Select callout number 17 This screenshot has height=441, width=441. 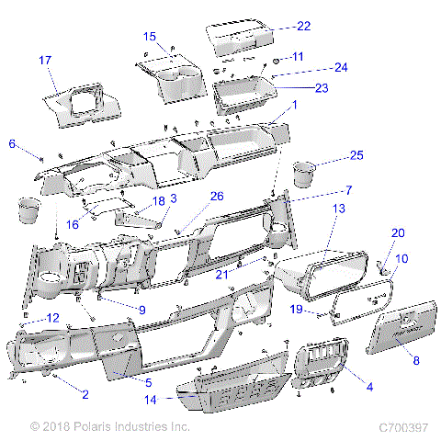coord(45,60)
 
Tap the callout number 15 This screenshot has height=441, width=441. coord(150,36)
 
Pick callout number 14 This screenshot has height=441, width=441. coord(151,401)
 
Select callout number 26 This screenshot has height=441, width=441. coord(217,195)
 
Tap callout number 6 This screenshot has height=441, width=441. coord(13,143)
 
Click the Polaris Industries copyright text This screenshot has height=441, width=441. coord(109,427)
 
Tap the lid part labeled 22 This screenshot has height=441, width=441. coord(240,36)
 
